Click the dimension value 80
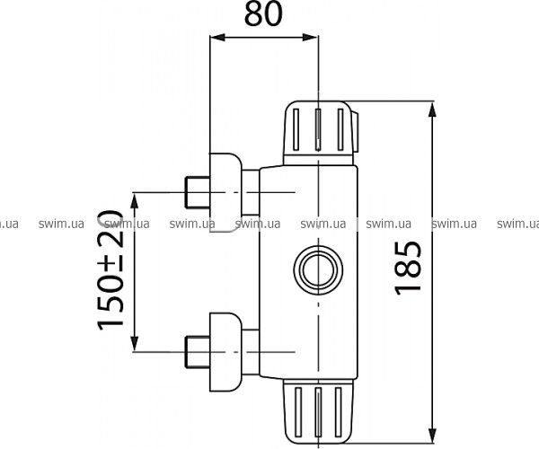point(263,14)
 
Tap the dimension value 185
point(408,269)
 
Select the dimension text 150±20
point(110,270)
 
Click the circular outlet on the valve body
point(318,270)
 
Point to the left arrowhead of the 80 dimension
point(217,37)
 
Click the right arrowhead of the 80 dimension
point(310,37)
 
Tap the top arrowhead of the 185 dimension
point(432,110)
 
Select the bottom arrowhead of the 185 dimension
point(432,435)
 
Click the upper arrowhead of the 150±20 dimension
point(135,200)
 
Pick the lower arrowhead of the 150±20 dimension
point(135,344)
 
